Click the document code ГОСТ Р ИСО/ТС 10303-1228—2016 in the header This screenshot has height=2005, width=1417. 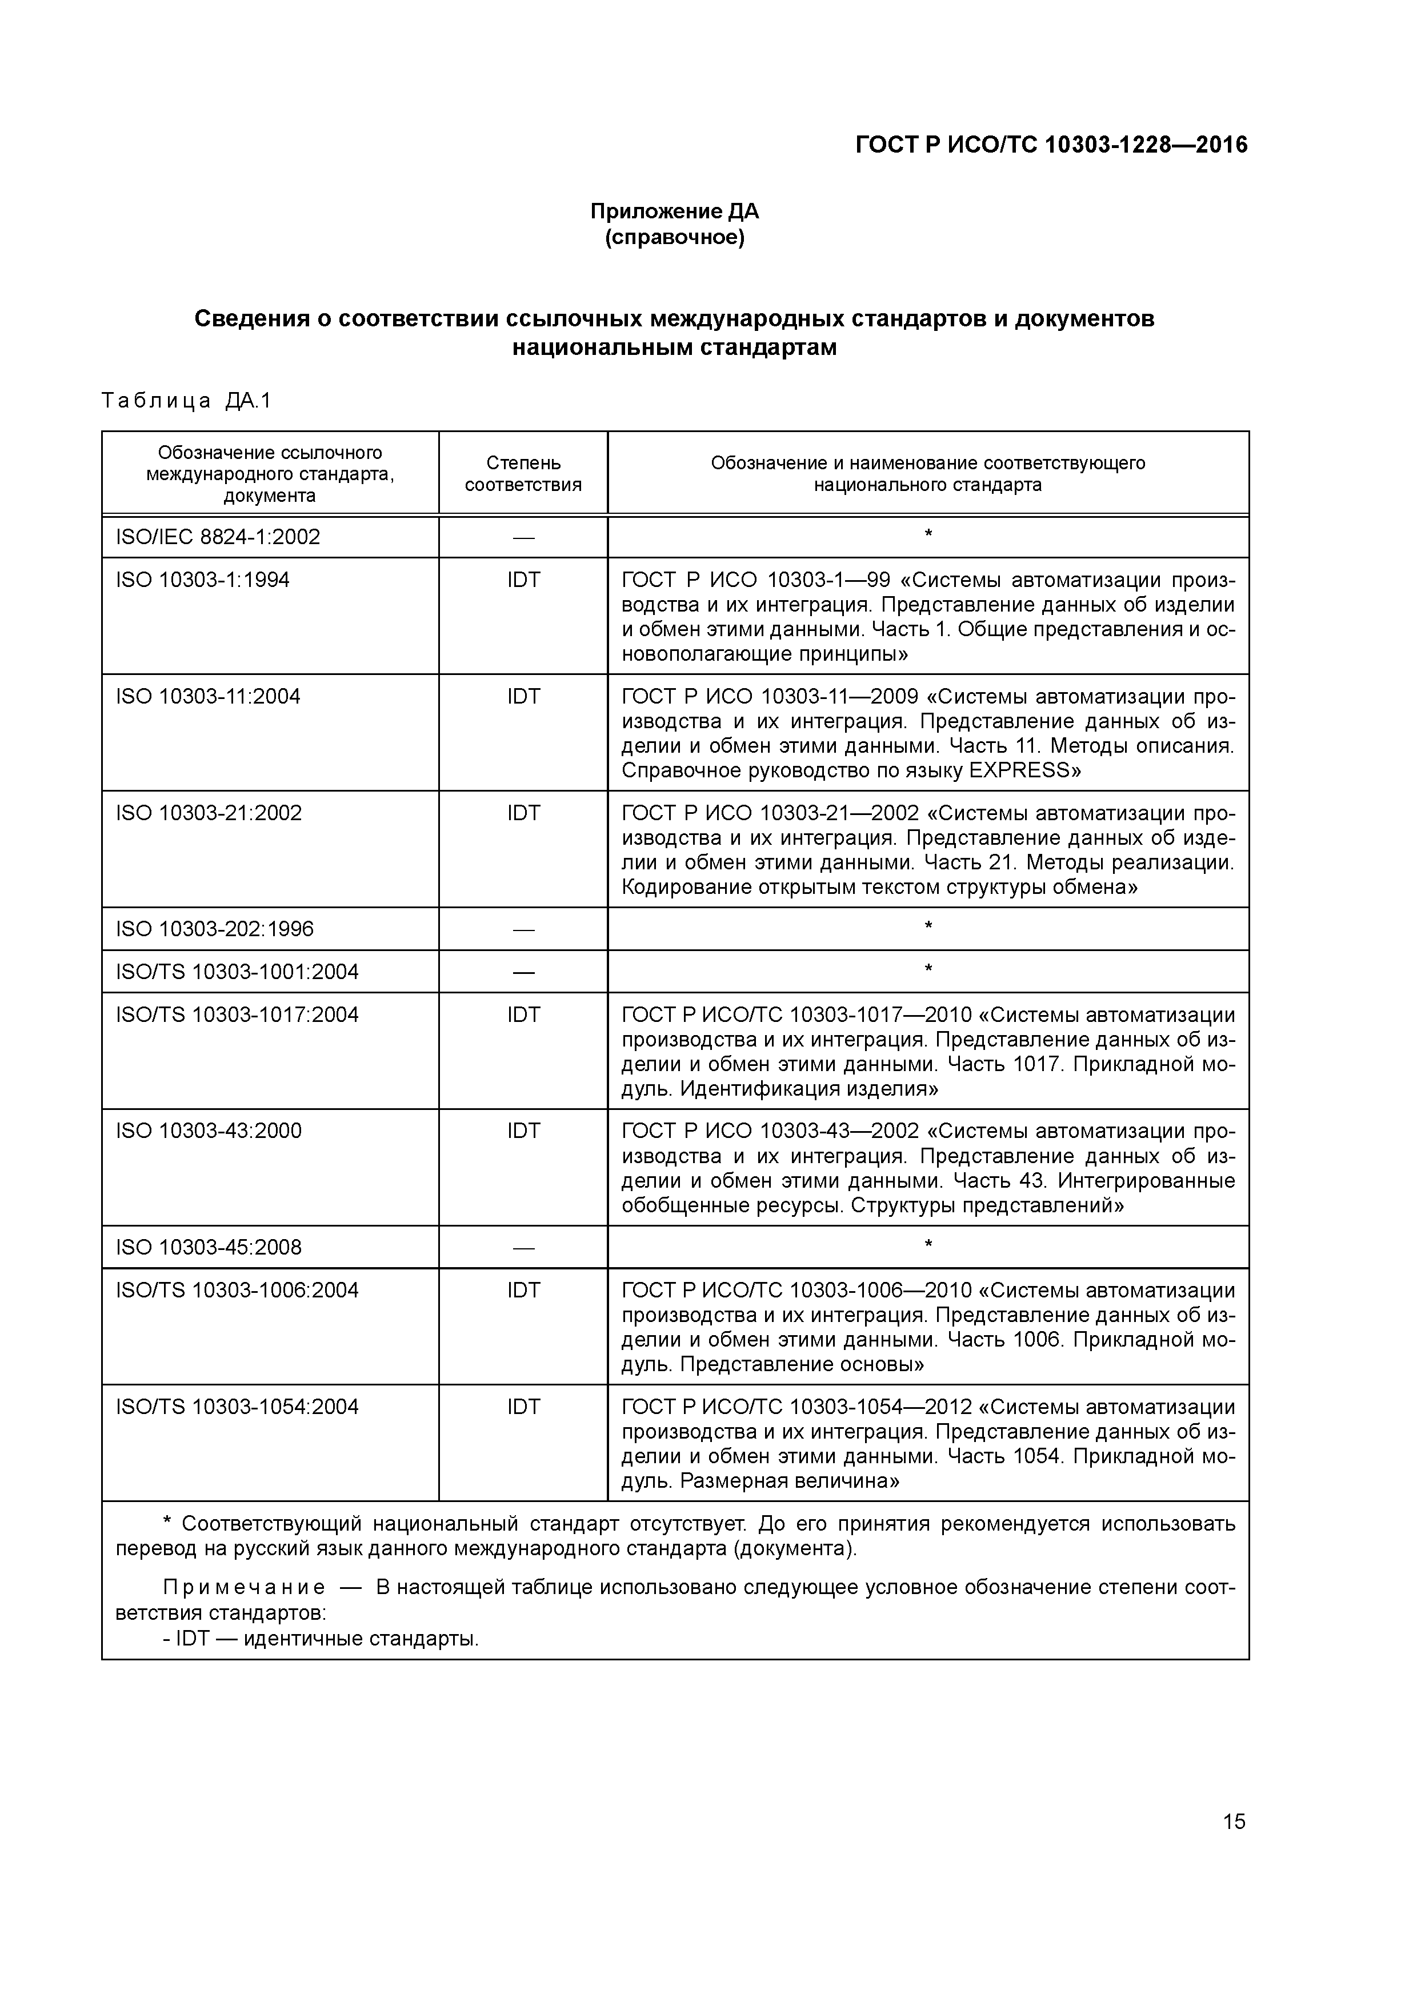point(1051,145)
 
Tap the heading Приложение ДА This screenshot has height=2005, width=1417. point(674,211)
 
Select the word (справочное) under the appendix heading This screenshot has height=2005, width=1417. point(674,238)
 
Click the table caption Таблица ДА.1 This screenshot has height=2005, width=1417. point(187,401)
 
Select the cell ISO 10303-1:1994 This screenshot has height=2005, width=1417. point(203,580)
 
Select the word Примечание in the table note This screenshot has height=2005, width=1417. point(245,1588)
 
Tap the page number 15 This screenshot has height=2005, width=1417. point(1234,1822)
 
